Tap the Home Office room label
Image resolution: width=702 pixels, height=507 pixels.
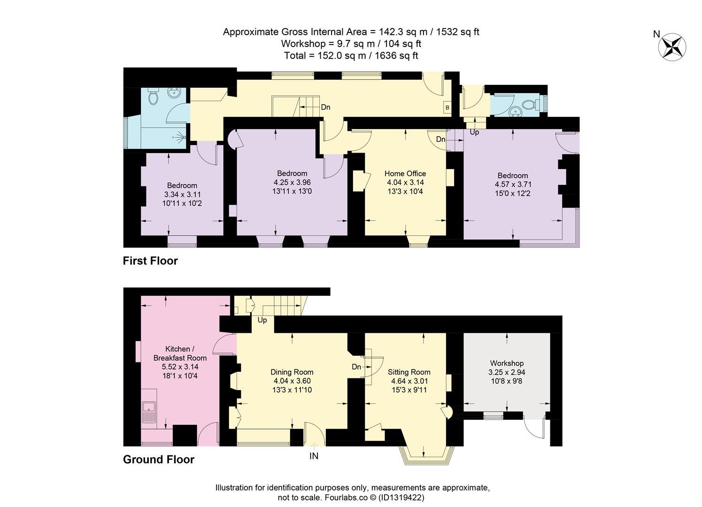tap(405, 174)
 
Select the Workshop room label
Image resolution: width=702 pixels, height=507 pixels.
tap(507, 363)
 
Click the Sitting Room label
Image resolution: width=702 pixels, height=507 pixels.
tap(409, 372)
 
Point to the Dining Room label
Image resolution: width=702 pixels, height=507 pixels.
tap(292, 372)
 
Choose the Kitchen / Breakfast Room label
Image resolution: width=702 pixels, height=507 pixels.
tap(180, 353)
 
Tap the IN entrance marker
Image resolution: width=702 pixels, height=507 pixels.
tap(314, 456)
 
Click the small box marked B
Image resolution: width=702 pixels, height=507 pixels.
tap(447, 108)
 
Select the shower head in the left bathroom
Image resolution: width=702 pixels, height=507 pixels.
tap(181, 137)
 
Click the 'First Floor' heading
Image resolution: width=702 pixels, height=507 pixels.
tap(150, 261)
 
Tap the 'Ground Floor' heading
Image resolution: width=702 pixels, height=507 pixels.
tap(159, 460)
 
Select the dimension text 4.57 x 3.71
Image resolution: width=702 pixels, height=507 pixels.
tap(513, 184)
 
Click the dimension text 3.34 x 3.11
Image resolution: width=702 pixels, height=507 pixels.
tap(182, 194)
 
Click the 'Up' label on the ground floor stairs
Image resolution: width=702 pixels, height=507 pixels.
tap(262, 320)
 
